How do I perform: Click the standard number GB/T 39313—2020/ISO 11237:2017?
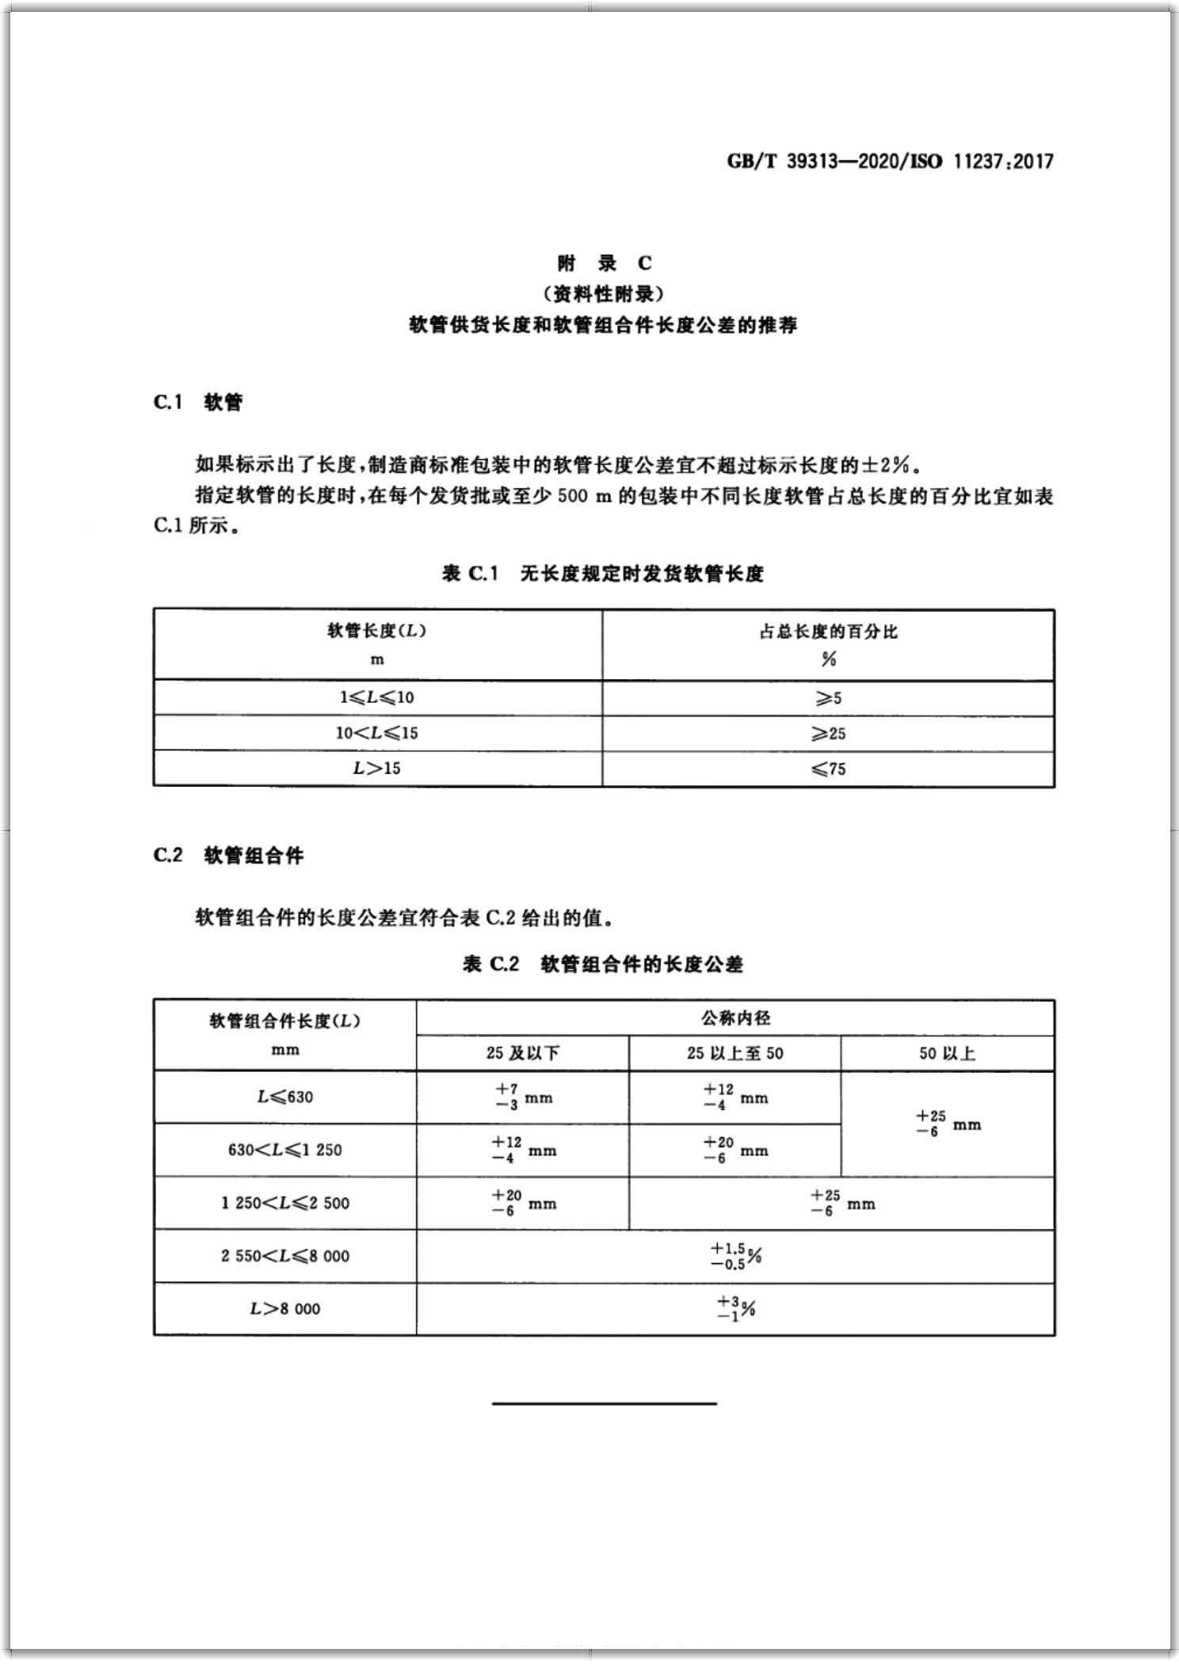[890, 162]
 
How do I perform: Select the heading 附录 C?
[604, 263]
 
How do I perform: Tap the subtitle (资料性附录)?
[604, 294]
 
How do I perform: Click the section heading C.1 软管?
[198, 403]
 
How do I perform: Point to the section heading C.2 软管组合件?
[228, 856]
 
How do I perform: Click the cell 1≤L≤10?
[377, 698]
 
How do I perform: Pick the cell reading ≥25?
[828, 734]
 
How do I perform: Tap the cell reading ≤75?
[828, 769]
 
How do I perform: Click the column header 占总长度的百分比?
[828, 632]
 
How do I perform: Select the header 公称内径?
[734, 1017]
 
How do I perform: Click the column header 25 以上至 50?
[734, 1053]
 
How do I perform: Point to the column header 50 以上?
[947, 1053]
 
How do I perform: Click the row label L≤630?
[284, 1097]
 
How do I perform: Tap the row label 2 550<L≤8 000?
[284, 1256]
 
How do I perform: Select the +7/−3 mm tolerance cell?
[522, 1097]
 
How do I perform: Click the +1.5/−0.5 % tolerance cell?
[734, 1256]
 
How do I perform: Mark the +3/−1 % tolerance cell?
[734, 1308]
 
